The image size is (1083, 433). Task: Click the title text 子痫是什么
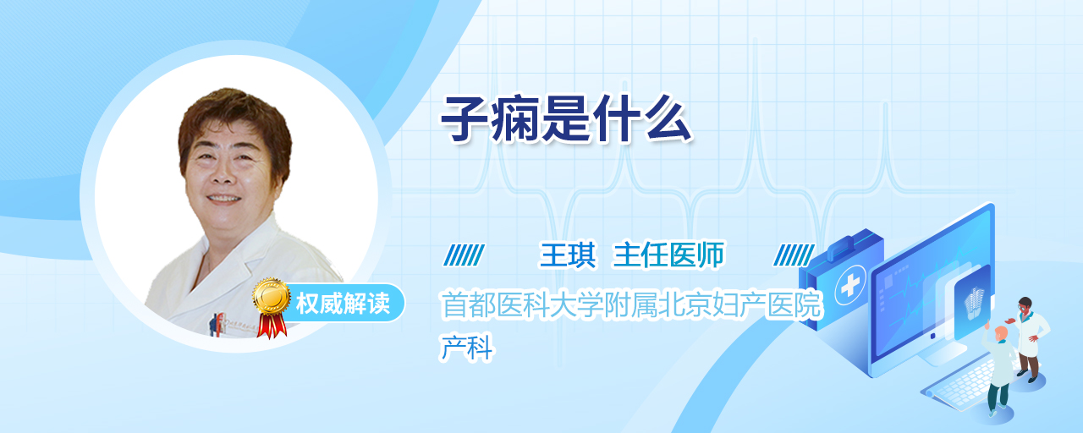pyautogui.click(x=566, y=119)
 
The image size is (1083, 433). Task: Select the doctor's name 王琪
pyautogui.click(x=568, y=255)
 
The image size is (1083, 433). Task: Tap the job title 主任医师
pyautogui.click(x=668, y=255)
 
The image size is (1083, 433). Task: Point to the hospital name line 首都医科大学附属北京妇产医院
pyautogui.click(x=631, y=305)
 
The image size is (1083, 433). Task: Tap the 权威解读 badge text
pyautogui.click(x=343, y=304)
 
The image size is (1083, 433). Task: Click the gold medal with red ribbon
pyautogui.click(x=272, y=307)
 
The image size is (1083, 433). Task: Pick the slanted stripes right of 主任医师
pyautogui.click(x=794, y=255)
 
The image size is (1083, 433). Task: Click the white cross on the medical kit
pyautogui.click(x=850, y=286)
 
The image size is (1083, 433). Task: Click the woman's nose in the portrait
pyautogui.click(x=222, y=176)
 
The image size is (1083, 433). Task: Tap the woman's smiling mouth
pyautogui.click(x=223, y=199)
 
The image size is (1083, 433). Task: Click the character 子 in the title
pyautogui.click(x=464, y=119)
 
